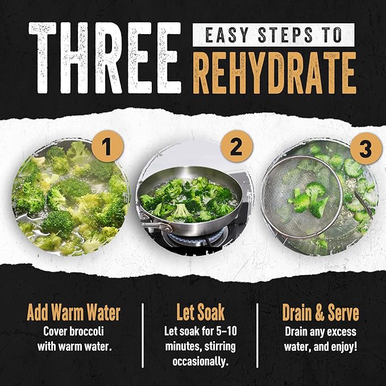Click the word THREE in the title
(105, 58)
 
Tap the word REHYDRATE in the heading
(275, 73)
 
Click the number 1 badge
(107, 147)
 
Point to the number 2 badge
(236, 147)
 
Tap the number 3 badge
(366, 148)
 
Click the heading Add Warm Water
(73, 313)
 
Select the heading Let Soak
(200, 313)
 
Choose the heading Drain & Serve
(321, 313)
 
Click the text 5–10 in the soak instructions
(226, 331)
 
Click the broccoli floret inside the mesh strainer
(309, 200)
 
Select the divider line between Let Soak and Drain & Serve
(258, 335)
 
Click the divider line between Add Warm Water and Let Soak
(143, 335)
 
